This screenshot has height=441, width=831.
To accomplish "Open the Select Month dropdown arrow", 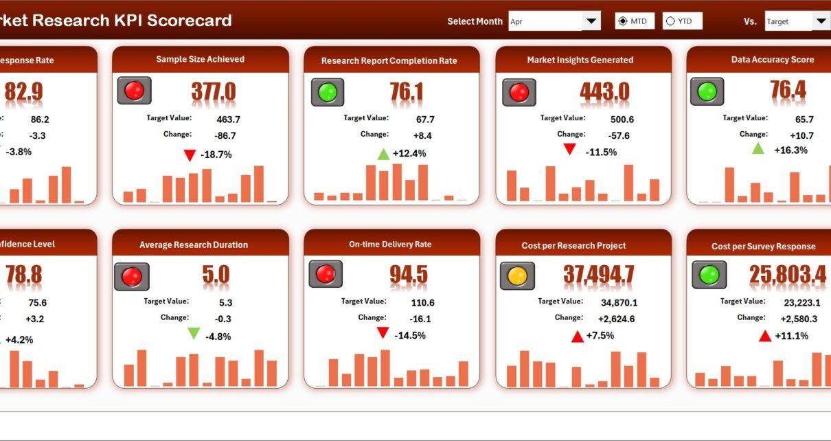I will pyautogui.click(x=591, y=21).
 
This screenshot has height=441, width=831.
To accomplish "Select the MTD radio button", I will pyautogui.click(x=623, y=21).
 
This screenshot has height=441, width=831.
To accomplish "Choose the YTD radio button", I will pyautogui.click(x=670, y=21).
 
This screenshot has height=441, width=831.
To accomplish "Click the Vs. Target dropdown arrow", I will pyautogui.click(x=821, y=21).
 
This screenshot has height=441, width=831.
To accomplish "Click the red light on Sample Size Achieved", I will pyautogui.click(x=134, y=91).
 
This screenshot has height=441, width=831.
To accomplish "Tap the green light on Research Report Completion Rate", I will pyautogui.click(x=328, y=92).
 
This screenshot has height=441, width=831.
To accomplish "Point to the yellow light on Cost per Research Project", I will pyautogui.click(x=516, y=276).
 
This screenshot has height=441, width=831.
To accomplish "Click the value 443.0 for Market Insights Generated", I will pyautogui.click(x=604, y=92).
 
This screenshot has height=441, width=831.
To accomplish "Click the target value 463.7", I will pyautogui.click(x=227, y=120).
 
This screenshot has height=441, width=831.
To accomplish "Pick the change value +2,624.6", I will pyautogui.click(x=616, y=319).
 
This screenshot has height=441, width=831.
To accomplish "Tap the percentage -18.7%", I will pyautogui.click(x=216, y=155).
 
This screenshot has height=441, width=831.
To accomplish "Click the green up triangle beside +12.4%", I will pyautogui.click(x=383, y=154).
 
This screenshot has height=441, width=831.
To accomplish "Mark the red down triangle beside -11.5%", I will pyautogui.click(x=569, y=149).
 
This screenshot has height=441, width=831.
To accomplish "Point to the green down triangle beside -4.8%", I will pyautogui.click(x=194, y=334).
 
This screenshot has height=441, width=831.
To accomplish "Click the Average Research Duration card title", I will pyautogui.click(x=194, y=245).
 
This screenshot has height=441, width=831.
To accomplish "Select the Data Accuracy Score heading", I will pyautogui.click(x=773, y=60).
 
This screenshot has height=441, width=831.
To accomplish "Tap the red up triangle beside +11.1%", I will pyautogui.click(x=764, y=336).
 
